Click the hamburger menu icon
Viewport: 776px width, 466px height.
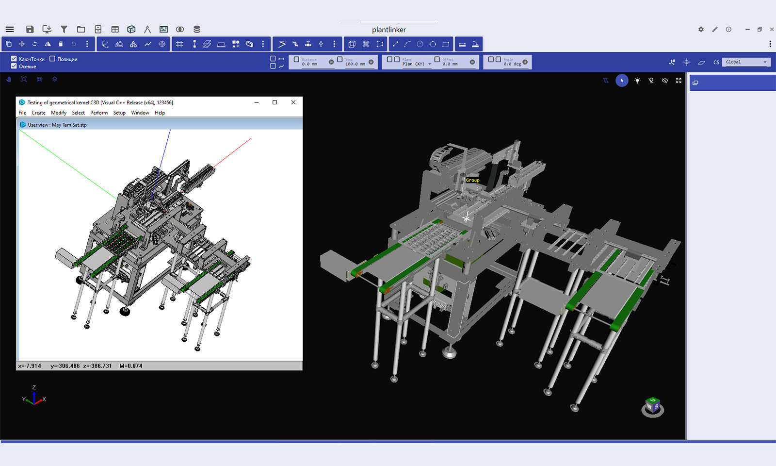tap(10, 29)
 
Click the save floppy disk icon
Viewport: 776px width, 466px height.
tap(30, 29)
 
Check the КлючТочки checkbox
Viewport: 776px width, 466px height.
tap(14, 59)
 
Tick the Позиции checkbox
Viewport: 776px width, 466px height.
tap(52, 59)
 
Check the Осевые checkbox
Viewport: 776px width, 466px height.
tap(14, 66)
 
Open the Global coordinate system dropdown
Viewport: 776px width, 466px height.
tap(746, 62)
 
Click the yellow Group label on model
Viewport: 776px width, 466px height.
tap(472, 180)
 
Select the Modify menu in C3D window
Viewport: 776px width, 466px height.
tap(59, 113)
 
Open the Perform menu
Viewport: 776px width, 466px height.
tap(99, 113)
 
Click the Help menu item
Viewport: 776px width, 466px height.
tap(160, 113)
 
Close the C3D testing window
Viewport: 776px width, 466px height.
tap(293, 102)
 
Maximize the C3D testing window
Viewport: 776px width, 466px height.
tap(275, 102)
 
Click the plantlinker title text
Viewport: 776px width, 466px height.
tap(388, 30)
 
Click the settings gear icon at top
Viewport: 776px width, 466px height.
tap(701, 29)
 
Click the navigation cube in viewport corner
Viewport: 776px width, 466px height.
tap(653, 406)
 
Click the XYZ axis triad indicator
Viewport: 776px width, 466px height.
tap(34, 398)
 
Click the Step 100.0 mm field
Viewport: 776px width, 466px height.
tap(355, 64)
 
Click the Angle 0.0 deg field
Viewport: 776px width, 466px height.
tap(512, 64)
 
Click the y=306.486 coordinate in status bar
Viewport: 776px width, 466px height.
tap(65, 366)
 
